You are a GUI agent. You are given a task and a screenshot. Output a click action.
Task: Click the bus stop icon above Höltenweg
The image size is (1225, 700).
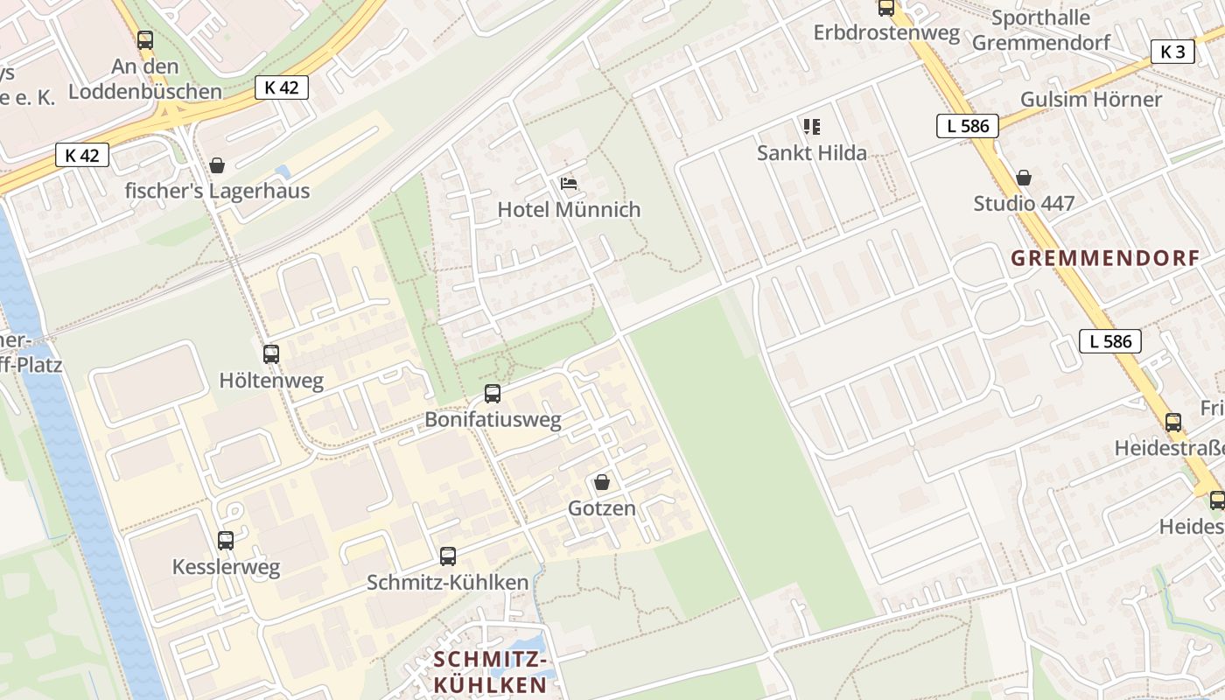[x=271, y=354]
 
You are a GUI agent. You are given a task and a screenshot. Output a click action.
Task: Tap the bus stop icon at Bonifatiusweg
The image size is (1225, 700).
[x=493, y=394]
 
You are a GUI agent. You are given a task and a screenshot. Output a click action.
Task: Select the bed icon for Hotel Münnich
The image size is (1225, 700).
[x=569, y=184]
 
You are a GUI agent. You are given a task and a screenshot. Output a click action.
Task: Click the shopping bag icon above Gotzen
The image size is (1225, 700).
[x=602, y=482]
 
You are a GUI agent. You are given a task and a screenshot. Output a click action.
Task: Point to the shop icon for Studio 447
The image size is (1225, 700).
[x=1024, y=178]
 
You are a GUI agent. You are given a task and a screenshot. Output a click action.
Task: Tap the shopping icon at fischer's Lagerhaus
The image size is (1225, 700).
[x=217, y=164]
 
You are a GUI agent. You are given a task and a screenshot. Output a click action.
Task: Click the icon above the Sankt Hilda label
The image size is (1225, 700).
[x=812, y=127]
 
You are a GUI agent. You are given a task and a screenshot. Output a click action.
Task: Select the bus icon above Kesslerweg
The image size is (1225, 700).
[x=226, y=541]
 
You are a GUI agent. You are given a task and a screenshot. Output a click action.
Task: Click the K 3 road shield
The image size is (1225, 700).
[x=1172, y=52]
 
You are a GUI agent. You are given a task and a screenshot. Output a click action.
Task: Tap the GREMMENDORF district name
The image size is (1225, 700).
[x=1105, y=258]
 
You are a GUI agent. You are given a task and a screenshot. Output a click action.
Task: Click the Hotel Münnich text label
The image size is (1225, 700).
[x=569, y=210]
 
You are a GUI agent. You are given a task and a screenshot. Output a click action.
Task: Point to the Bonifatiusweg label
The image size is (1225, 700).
[x=493, y=420]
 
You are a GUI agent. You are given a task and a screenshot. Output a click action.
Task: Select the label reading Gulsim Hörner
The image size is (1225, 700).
[x=1091, y=99]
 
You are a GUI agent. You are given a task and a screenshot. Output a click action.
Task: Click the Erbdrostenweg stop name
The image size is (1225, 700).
[x=886, y=32]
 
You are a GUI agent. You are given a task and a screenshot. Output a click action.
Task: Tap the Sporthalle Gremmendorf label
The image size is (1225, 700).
[x=1041, y=30]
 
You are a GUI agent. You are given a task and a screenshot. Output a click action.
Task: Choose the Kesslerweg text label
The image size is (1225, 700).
[x=226, y=567]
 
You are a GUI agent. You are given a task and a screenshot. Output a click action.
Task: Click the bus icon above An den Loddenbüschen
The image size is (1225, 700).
[x=145, y=39]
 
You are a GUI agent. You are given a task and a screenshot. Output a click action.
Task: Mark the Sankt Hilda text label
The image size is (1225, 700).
[x=812, y=153]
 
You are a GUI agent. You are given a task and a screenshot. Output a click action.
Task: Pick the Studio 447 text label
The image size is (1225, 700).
[x=1024, y=204]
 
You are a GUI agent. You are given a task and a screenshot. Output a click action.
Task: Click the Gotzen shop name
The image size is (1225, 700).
[x=602, y=508]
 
